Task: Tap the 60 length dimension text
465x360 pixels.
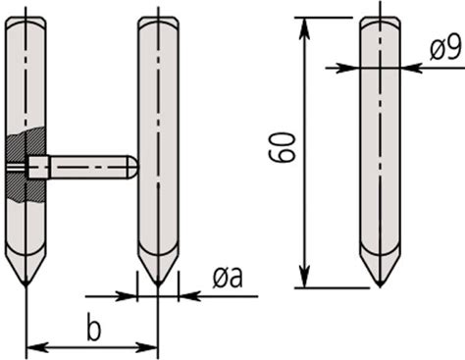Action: click(x=282, y=147)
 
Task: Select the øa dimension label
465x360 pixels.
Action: click(x=228, y=278)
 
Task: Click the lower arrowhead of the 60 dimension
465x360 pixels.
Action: click(x=304, y=277)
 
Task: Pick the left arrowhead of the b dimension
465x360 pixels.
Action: click(x=37, y=347)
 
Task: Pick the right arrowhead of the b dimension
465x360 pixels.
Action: click(x=146, y=347)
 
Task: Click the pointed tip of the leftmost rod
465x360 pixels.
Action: click(x=26, y=285)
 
